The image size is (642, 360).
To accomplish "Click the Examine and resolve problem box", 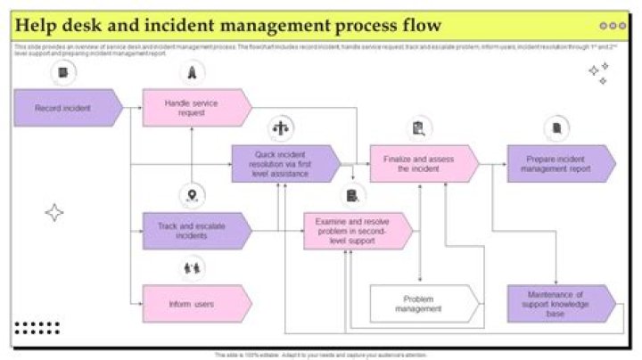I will pyautogui.click(x=357, y=231).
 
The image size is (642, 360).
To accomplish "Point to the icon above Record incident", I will pyautogui.click(x=62, y=72).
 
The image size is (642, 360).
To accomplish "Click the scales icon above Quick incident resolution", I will pyautogui.click(x=283, y=127).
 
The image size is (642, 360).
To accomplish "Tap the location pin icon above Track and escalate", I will pyautogui.click(x=192, y=195).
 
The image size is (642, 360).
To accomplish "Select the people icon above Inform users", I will pyautogui.click(x=192, y=266).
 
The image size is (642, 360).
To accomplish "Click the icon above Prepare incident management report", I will pyautogui.click(x=556, y=128).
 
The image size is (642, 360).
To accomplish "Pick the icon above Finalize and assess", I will pyautogui.click(x=417, y=128).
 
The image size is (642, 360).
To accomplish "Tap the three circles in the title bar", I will pyautogui.click(x=613, y=26).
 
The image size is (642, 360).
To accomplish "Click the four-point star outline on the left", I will pyautogui.click(x=54, y=212).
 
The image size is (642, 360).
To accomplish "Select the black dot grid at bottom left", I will pyautogui.click(x=37, y=328).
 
